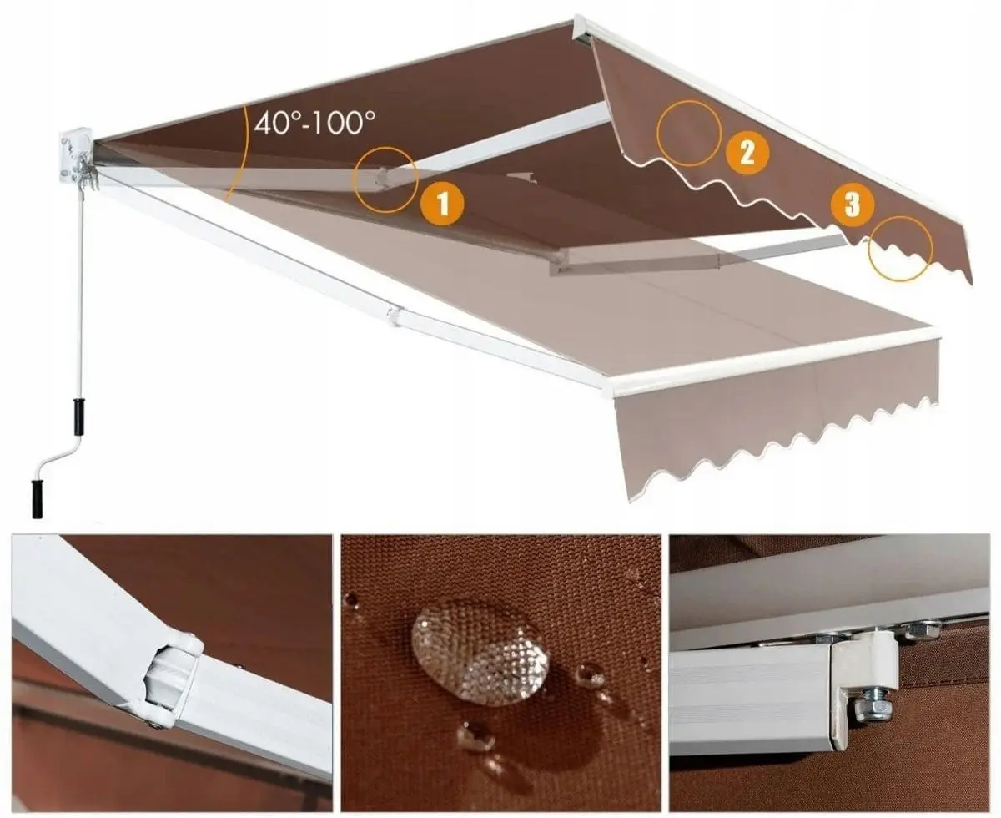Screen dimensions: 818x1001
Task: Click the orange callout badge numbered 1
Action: [x=443, y=204]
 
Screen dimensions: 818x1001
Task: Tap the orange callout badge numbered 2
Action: [x=747, y=154]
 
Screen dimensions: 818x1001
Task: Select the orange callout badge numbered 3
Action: [x=852, y=204]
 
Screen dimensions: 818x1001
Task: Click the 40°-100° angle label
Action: [x=314, y=124]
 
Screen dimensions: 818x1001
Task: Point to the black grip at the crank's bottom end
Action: [x=37, y=498]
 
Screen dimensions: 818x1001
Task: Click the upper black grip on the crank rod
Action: [x=79, y=416]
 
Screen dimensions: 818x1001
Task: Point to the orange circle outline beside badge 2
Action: [x=688, y=133]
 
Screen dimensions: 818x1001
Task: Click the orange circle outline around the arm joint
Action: [x=385, y=178]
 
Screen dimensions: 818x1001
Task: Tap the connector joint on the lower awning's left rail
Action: [x=393, y=316]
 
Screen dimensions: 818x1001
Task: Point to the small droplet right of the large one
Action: [x=591, y=674]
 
